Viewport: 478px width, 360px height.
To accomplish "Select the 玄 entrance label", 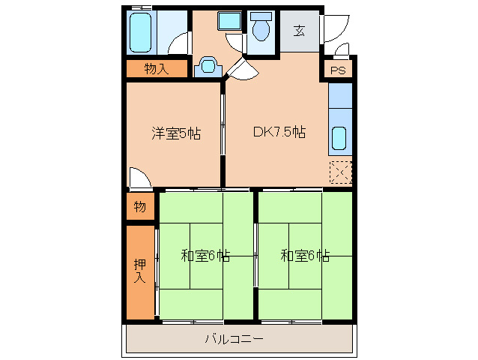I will [300, 31].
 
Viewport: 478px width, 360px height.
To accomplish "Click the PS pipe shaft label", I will [338, 71].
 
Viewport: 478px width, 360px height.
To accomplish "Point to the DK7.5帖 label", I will [279, 133].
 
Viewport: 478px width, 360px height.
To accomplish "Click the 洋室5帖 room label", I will [176, 133].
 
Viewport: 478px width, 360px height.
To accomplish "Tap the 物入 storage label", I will [155, 70].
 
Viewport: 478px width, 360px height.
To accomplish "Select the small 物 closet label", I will [139, 206].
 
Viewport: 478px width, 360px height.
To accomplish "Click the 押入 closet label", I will [139, 271].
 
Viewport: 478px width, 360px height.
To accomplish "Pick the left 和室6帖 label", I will [205, 256].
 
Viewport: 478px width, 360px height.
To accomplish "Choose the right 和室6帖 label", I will [305, 256].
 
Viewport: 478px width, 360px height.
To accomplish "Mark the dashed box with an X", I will [340, 172].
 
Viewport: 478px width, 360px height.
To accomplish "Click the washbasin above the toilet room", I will [229, 22].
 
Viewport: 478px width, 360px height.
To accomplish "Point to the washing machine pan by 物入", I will [208, 67].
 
